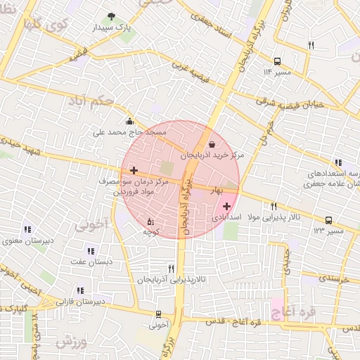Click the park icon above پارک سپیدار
pos(110,17)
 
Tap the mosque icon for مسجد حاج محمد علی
pos(129,120)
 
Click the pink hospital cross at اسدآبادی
pos(226,206)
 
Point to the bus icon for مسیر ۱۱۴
pos(277,61)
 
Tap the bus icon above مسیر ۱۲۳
pos(328,220)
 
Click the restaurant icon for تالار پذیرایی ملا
pos(274,206)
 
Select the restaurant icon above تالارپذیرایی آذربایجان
pos(171,269)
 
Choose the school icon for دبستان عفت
pos(90,250)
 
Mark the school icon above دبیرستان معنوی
pos(27,229)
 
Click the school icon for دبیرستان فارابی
pos(80,290)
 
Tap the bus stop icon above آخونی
pos(159,314)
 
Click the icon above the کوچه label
pos(149,221)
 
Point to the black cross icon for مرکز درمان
pos(134,170)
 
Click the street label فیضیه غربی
pos(192,71)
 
